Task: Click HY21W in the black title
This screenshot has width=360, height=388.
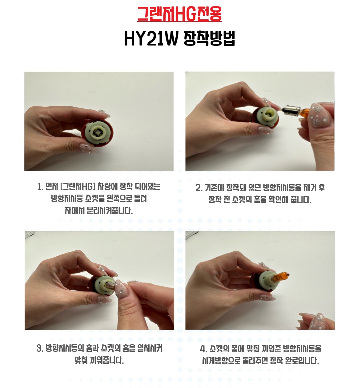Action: pyautogui.click(x=151, y=38)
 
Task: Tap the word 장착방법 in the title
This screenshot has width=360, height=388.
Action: pyautogui.click(x=210, y=38)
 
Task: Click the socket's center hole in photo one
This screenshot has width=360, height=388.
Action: pyautogui.click(x=97, y=133)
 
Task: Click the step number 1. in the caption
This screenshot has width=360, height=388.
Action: pyautogui.click(x=40, y=187)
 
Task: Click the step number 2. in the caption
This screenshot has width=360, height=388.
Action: pyautogui.click(x=199, y=188)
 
